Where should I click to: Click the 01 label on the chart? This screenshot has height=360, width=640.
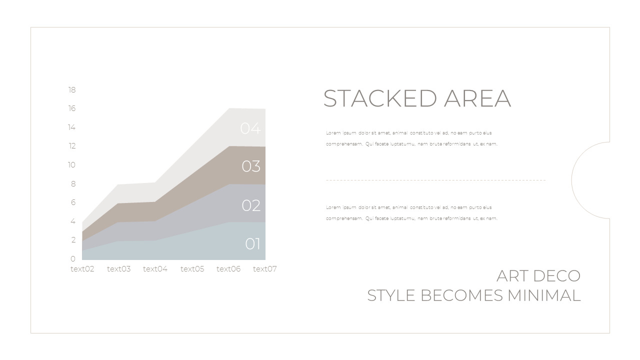point(253,244)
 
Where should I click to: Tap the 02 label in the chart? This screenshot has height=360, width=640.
point(251,205)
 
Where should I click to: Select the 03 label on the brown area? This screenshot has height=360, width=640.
point(251,166)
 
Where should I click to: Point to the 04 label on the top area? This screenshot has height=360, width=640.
point(250,128)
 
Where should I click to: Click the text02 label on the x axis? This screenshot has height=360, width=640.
point(82,269)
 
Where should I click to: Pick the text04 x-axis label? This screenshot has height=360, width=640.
point(155,269)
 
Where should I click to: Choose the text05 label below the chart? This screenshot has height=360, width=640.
point(192,269)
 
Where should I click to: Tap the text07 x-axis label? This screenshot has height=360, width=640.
point(264,269)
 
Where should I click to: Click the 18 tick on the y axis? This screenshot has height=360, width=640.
point(72,90)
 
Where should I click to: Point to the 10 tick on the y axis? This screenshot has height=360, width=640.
point(72,165)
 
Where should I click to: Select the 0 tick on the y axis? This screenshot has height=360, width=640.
point(73,258)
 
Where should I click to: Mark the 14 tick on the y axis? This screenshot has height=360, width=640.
point(72,127)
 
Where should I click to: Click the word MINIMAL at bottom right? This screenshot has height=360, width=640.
point(544,295)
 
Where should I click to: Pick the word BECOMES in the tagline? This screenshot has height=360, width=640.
point(462,295)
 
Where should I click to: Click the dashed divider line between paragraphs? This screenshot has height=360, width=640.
point(435,180)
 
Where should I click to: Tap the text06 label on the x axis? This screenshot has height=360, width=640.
point(228,269)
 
